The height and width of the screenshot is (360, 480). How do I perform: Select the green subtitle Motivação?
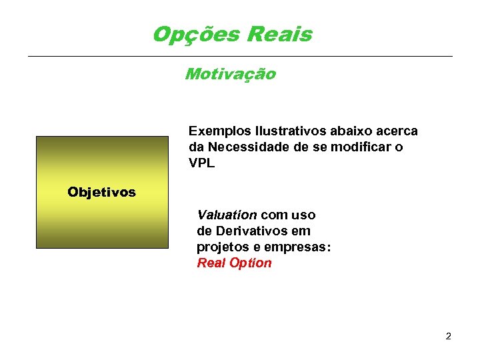[230, 74]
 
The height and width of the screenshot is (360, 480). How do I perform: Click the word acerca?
[397, 131]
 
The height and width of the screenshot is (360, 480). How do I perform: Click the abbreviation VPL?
[202, 163]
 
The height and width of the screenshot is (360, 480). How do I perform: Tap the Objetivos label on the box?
[101, 193]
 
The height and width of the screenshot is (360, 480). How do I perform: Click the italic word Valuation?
[227, 215]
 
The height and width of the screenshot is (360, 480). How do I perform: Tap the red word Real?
[211, 263]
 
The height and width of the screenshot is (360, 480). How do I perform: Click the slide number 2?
[449, 336]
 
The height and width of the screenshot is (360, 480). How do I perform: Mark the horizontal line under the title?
[240, 56]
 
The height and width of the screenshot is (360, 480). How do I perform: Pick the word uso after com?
[302, 215]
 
